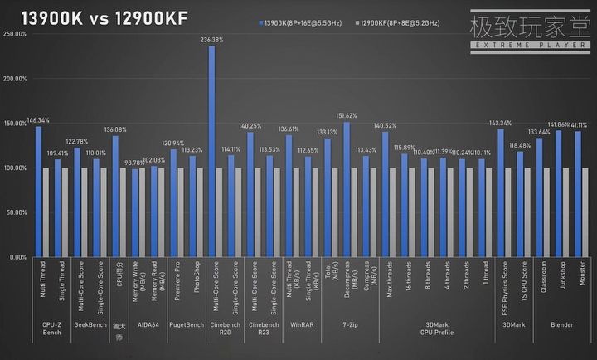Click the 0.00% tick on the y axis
coord(18,257)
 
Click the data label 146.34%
coord(38,120)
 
